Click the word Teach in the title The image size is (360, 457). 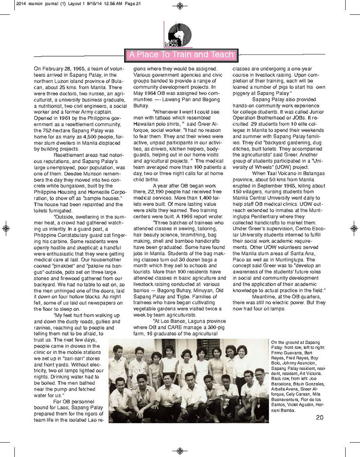[220, 55]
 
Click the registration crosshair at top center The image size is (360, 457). [180, 6]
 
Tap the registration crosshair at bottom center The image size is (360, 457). [180, 451]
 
